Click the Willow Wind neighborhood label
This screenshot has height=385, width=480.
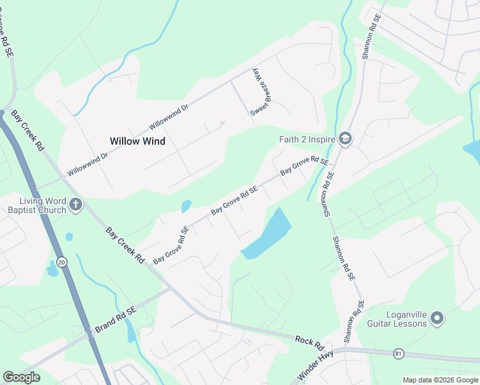click(x=137, y=141)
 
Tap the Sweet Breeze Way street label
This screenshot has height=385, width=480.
click(x=258, y=92)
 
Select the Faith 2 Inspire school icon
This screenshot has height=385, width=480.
click(x=345, y=139)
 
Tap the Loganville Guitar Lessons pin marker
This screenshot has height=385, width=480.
click(x=437, y=318)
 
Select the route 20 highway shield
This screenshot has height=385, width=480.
click(x=62, y=262)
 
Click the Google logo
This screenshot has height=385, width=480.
click(x=21, y=377)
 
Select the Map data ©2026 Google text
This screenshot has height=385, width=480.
click(x=440, y=379)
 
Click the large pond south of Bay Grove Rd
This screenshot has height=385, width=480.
click(x=268, y=234)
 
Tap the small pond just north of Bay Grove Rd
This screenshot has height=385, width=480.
click(x=186, y=206)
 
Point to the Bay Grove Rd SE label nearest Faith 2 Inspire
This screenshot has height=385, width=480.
click(x=304, y=166)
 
